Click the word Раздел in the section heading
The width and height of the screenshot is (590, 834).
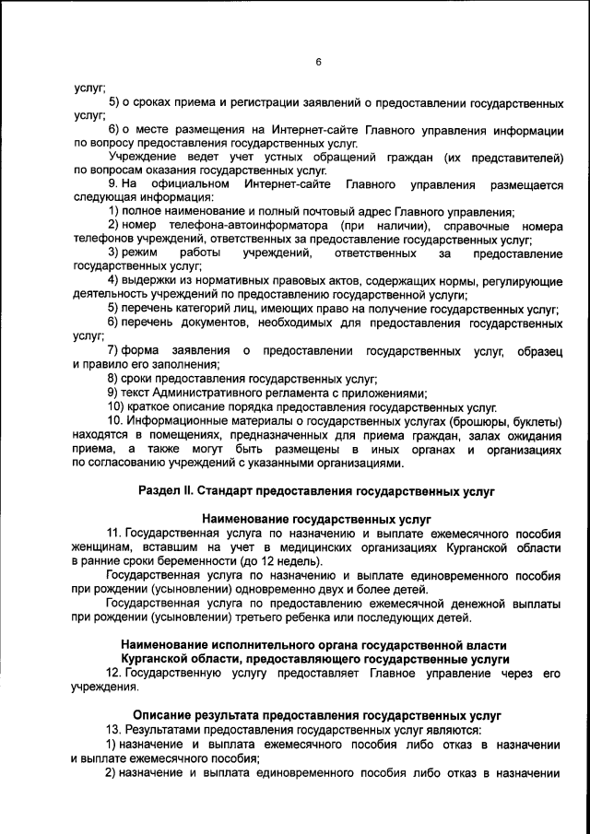[160, 492]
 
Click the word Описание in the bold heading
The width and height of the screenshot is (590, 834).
[162, 714]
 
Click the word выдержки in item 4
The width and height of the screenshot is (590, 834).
[147, 279]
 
